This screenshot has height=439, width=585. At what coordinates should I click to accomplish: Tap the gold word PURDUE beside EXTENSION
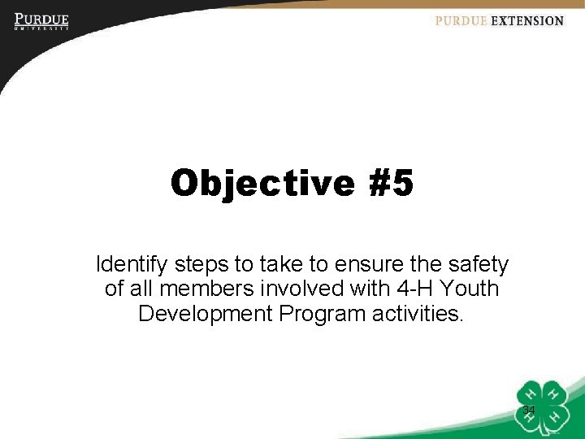(461, 21)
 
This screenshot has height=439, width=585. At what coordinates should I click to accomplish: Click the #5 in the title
(391, 184)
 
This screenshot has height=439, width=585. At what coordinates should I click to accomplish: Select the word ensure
(370, 265)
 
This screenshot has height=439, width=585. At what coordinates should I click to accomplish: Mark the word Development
(206, 313)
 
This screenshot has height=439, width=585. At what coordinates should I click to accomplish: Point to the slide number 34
(529, 410)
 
